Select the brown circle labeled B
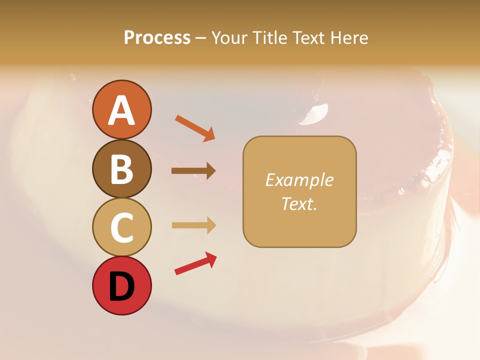tap(121, 168)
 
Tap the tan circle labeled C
tap(121, 227)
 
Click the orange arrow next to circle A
tap(194, 128)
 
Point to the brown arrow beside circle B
tap(193, 171)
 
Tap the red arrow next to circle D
tap(195, 264)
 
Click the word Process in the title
tap(157, 38)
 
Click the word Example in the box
tap(299, 180)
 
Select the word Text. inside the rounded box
tap(299, 203)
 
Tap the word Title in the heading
tap(270, 38)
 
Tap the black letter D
tap(121, 287)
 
